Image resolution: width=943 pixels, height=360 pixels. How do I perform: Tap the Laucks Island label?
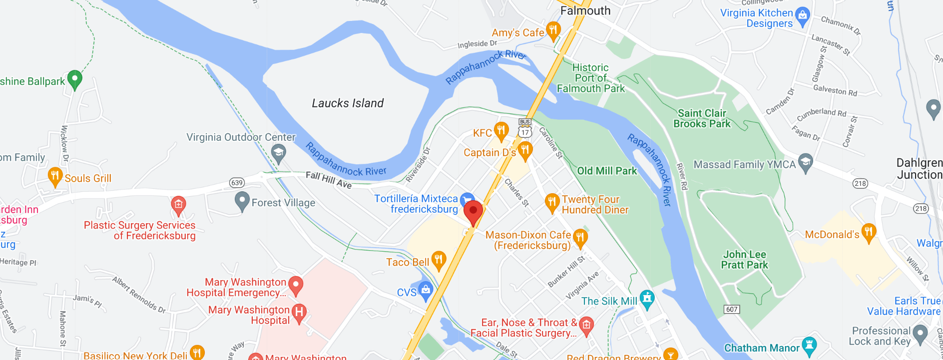coord(348,103)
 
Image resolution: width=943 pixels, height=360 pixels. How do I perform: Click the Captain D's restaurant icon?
coord(525,150)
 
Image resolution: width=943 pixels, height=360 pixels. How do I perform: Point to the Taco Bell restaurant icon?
coord(439,260)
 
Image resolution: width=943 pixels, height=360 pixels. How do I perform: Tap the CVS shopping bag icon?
coord(426,290)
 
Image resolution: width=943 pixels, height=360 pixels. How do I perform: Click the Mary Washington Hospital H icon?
coord(299,313)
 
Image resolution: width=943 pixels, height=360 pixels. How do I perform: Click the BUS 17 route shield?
coord(524,128)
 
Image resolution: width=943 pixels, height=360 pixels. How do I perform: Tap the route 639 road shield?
coord(237,183)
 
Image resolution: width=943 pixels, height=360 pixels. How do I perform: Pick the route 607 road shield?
coord(732,309)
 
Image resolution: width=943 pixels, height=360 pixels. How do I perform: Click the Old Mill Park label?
coord(607,171)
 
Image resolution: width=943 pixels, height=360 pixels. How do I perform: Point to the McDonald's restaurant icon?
coord(869,232)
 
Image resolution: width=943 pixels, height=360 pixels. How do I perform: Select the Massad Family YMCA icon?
coord(805,162)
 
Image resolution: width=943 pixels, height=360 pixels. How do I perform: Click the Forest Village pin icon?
coord(242,201)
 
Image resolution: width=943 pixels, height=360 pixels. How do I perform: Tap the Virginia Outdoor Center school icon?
coord(278,153)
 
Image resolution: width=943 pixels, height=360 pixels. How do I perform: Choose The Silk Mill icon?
coord(647,299)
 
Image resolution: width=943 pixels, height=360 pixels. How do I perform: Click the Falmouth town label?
coord(585,10)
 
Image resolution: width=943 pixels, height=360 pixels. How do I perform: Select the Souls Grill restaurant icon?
coord(55,176)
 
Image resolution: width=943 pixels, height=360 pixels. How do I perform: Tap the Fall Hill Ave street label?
coord(329,180)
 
